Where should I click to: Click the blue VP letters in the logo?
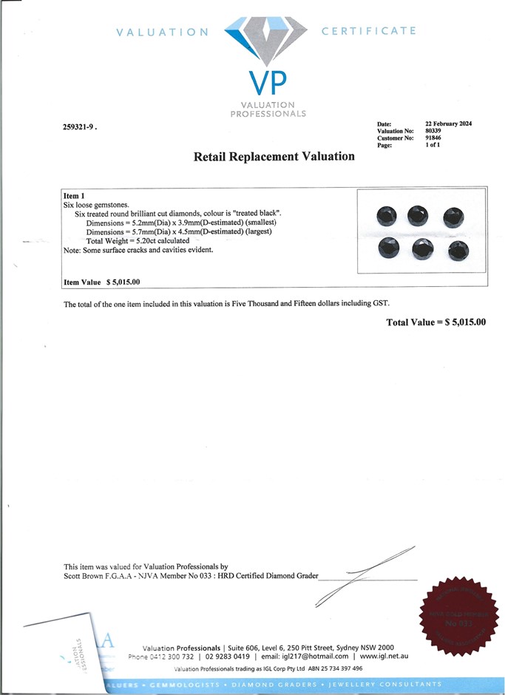click(x=270, y=81)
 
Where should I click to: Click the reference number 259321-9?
click(x=79, y=126)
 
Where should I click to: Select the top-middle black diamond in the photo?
click(x=420, y=214)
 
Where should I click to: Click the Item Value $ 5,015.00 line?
click(x=102, y=282)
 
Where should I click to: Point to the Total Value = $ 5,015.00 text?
click(x=436, y=322)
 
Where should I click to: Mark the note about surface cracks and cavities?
click(x=138, y=250)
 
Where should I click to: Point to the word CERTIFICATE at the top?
click(x=369, y=31)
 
